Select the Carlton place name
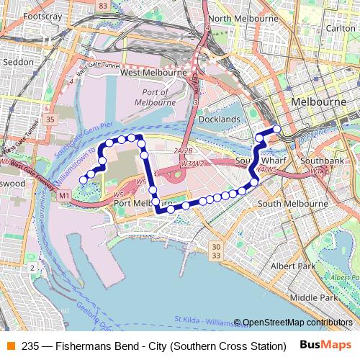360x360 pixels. click(340, 28)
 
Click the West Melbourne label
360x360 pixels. click(153, 73)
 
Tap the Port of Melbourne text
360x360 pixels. click(155, 97)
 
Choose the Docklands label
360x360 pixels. click(219, 119)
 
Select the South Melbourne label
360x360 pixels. click(288, 204)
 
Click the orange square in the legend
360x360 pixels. click(11, 346)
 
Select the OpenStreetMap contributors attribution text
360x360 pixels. click(297, 323)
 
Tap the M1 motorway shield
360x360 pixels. click(65, 196)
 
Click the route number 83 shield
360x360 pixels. click(103, 6)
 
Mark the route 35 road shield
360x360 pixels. click(50, 119)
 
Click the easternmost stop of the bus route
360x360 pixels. click(276, 130)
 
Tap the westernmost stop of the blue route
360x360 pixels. click(83, 179)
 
